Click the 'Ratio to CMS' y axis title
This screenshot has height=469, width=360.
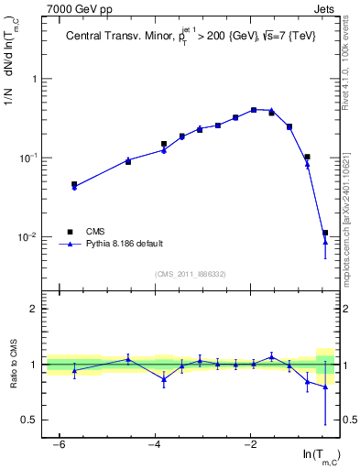pyautogui.click(x=14, y=364)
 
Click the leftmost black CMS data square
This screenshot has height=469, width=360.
pyautogui.click(x=74, y=184)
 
